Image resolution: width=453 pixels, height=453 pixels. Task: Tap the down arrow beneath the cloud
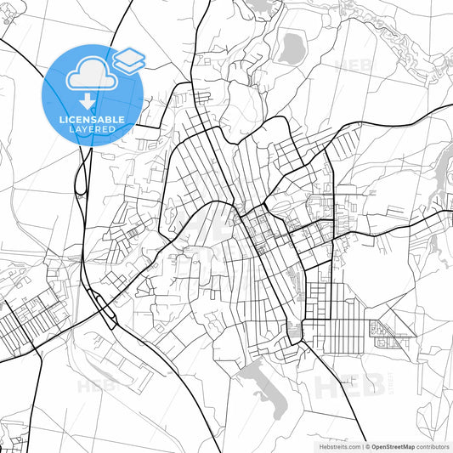click(x=87, y=102)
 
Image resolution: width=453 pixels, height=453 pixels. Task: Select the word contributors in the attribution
click(x=433, y=445)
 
